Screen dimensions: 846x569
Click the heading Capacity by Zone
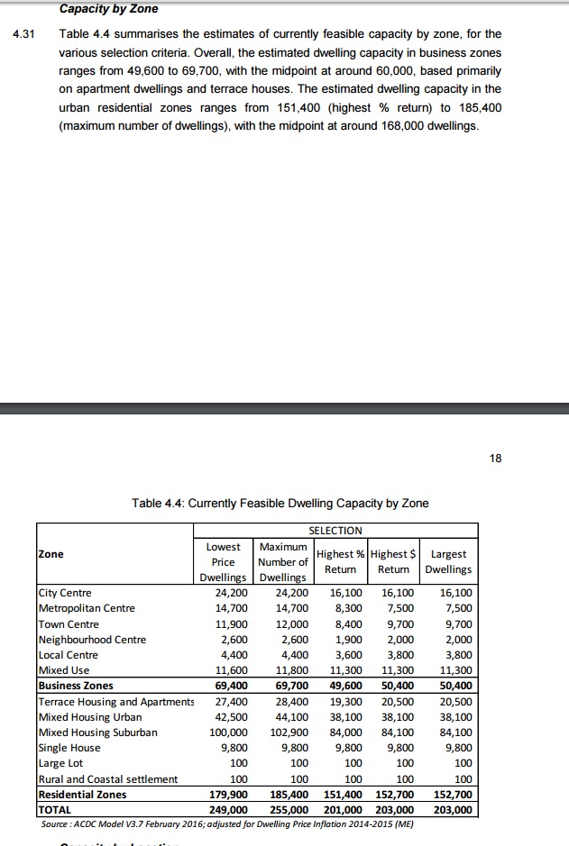coord(108,9)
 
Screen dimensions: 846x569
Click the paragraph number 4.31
coord(23,34)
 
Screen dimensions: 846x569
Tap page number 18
coord(495,459)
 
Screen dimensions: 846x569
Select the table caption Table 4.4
coord(280,503)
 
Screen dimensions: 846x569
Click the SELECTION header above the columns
coord(335,531)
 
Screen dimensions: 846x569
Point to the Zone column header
coord(50,553)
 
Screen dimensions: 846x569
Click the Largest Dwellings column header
coord(449,561)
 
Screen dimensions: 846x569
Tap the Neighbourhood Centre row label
coord(91,640)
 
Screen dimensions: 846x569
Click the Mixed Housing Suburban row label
coord(97,732)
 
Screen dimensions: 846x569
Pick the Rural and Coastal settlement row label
coord(107,778)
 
